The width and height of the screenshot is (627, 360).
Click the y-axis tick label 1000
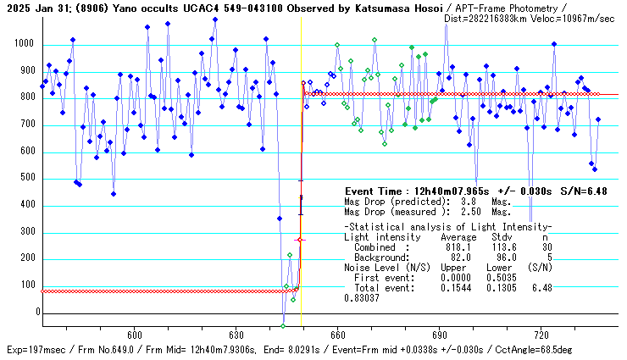[x=23, y=44]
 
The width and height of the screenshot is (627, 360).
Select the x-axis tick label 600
[x=133, y=335]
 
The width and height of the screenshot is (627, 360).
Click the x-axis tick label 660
[x=337, y=335]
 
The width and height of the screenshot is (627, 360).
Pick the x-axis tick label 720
[x=541, y=335]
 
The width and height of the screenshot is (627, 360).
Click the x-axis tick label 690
[x=439, y=335]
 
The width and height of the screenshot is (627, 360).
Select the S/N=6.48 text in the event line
[x=584, y=192]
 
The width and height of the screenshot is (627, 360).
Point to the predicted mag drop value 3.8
[x=469, y=202]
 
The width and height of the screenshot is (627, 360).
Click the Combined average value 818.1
[x=453, y=246]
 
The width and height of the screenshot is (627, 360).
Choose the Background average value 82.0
[x=457, y=256]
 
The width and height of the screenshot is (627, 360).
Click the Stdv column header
[x=502, y=237]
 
